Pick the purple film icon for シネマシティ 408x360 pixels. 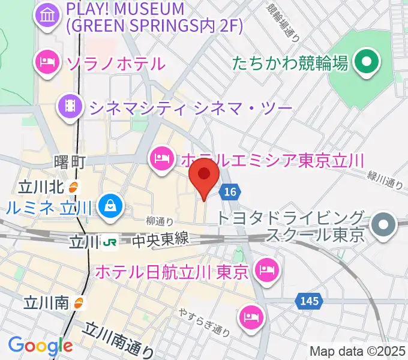71,107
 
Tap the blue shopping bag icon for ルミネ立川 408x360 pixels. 110,206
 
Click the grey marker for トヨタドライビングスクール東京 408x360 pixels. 383,226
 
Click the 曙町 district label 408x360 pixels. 70,162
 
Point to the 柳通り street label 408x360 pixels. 160,222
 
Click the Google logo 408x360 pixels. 40,345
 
